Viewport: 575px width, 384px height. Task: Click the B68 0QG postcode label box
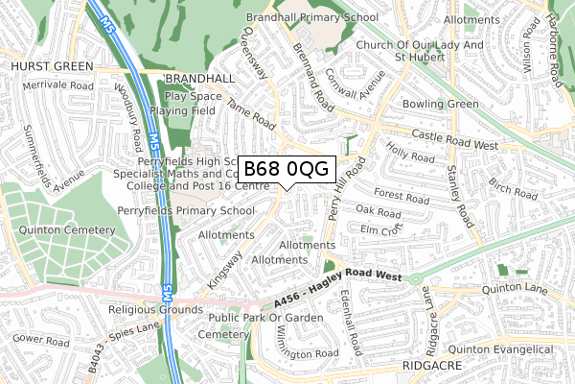click(285, 169)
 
